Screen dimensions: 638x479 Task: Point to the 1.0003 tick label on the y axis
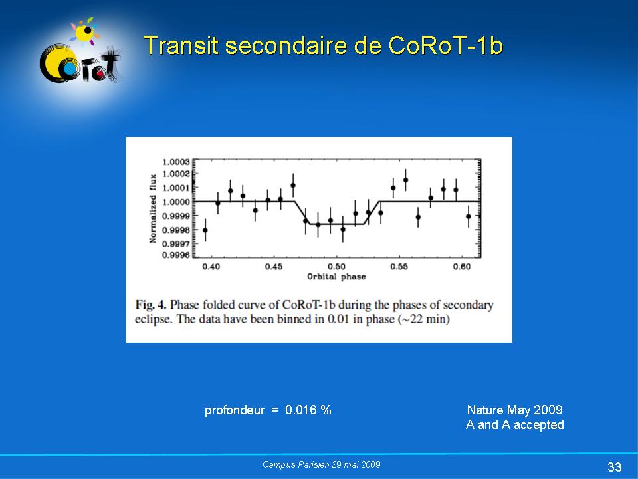[176, 162]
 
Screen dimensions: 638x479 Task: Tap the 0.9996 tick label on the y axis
[176, 255]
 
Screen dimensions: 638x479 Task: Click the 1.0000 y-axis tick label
[176, 202]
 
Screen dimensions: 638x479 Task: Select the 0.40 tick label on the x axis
[211, 267]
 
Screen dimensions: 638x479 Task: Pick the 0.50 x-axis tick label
[336, 267]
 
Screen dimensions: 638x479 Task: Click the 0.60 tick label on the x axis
[462, 267]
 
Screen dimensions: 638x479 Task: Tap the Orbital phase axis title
[336, 277]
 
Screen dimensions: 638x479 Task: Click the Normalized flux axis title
[153, 208]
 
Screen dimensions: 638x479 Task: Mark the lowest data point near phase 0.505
[343, 230]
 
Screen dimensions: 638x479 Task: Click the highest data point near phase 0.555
[405, 180]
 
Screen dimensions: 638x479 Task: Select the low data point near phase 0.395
[205, 230]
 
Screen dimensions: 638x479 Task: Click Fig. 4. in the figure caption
[151, 305]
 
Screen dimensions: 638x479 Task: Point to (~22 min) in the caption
[423, 319]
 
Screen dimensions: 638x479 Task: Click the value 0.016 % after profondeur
[308, 410]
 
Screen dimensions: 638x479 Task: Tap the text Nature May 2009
[514, 410]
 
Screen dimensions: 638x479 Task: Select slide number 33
[614, 467]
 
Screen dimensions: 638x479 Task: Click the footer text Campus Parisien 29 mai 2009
[322, 464]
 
